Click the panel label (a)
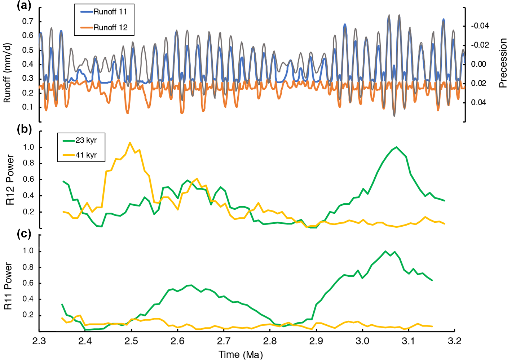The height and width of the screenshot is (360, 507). pyautogui.click(x=25, y=6)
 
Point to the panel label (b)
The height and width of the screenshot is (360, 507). pyautogui.click(x=25, y=129)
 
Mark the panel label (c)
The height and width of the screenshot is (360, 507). pyautogui.click(x=25, y=234)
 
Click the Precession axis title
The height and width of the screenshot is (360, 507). pyautogui.click(x=503, y=63)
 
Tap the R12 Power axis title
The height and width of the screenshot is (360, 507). pyautogui.click(x=10, y=180)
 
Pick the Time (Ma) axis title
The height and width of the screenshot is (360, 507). pyautogui.click(x=241, y=355)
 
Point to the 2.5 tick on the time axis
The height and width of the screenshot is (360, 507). pyautogui.click(x=131, y=341)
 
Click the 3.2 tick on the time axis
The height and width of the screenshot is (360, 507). pyautogui.click(x=454, y=341)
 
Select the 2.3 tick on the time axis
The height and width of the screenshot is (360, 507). pyautogui.click(x=39, y=341)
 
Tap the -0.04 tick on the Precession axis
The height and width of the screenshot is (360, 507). pyautogui.click(x=480, y=26)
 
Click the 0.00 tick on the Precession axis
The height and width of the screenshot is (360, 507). pyautogui.click(x=479, y=64)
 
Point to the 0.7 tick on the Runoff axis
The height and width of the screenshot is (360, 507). pyautogui.click(x=28, y=22)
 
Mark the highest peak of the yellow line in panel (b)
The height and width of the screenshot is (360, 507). pyautogui.click(x=130, y=142)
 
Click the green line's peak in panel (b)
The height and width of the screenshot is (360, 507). pyautogui.click(x=396, y=147)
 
